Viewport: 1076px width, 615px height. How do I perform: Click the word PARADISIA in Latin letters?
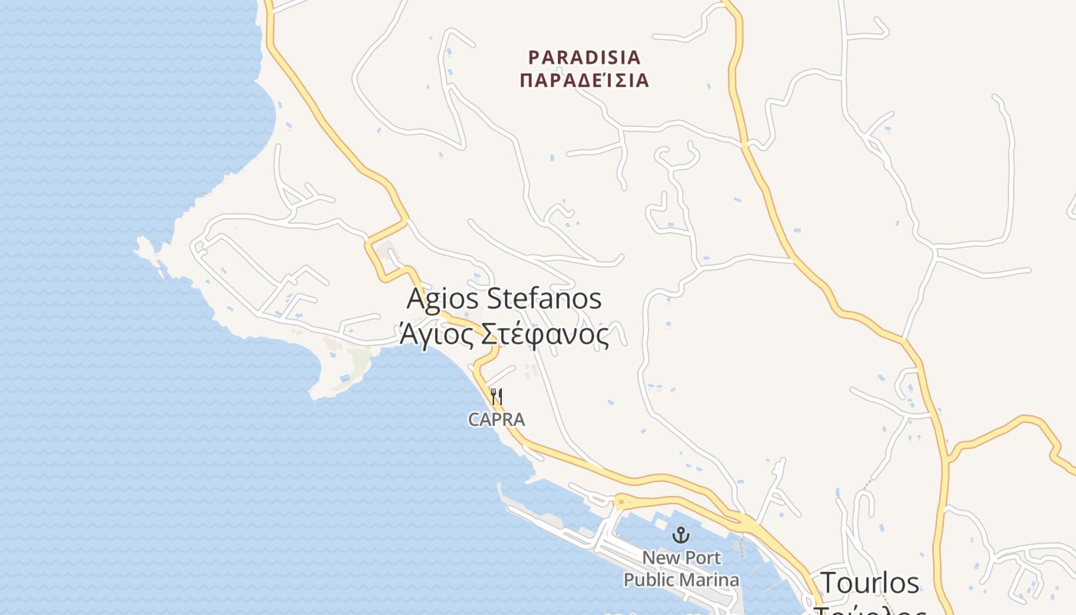[584, 57]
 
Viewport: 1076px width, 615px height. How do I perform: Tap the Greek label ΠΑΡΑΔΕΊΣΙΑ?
[584, 80]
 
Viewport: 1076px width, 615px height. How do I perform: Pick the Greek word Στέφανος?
[545, 334]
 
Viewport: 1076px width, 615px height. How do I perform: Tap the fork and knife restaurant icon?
[496, 397]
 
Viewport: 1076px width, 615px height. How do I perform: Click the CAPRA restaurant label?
[496, 420]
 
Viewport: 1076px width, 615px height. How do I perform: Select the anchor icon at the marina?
[680, 534]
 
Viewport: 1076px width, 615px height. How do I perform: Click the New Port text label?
[681, 557]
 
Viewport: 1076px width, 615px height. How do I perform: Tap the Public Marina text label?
[681, 580]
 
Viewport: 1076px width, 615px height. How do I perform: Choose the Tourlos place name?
[870, 583]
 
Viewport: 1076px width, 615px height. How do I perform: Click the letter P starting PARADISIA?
[534, 57]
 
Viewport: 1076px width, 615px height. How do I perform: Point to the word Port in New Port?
[702, 557]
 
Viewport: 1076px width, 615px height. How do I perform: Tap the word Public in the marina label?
[649, 580]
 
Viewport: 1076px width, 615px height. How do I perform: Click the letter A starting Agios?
[415, 298]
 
